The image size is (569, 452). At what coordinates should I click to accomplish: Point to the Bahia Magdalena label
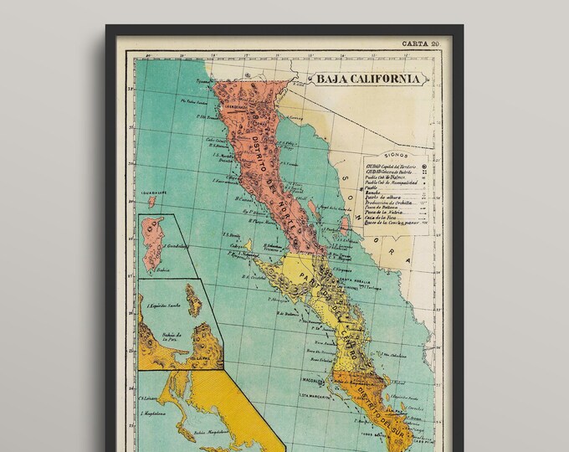[185, 434]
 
